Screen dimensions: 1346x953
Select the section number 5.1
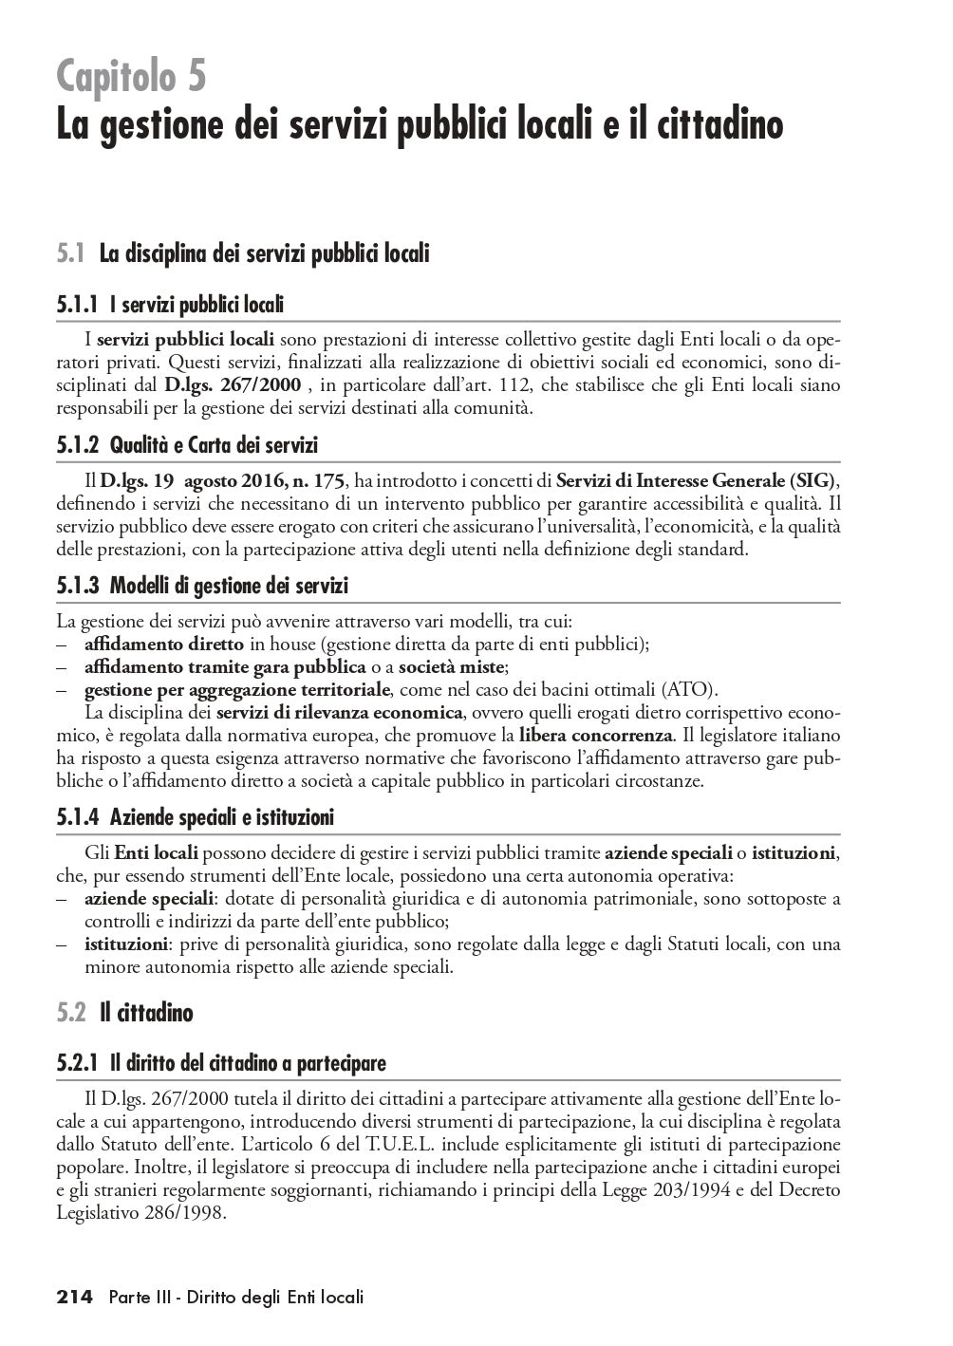click(71, 253)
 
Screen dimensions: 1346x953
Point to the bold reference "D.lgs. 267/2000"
click(233, 385)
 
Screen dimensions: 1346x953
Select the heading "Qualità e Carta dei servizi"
click(214, 445)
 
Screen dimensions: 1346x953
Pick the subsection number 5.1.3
click(78, 586)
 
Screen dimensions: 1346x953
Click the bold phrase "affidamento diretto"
click(163, 644)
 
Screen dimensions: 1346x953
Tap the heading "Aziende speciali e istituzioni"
click(222, 816)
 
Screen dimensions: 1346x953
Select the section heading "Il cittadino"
click(146, 1013)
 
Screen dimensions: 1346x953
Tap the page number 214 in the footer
click(75, 1297)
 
